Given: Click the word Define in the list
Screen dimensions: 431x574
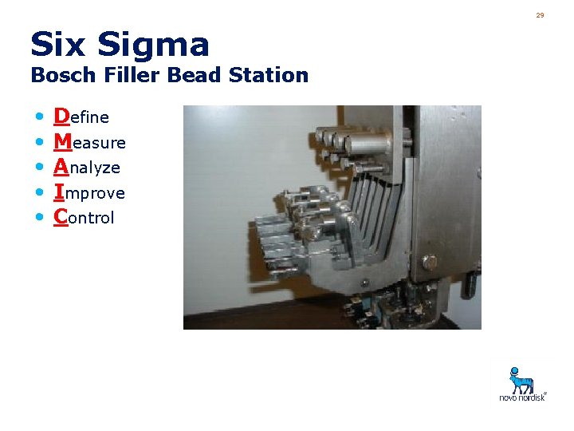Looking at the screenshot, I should (x=81, y=117).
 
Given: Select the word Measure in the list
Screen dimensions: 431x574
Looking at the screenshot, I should (x=89, y=143).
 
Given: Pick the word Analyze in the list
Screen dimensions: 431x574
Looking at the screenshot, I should (x=87, y=168).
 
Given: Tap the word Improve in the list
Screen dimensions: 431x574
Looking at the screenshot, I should (x=89, y=193).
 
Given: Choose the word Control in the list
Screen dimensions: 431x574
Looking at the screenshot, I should (x=84, y=218).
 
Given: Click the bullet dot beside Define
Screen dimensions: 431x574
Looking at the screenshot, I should (x=40, y=118).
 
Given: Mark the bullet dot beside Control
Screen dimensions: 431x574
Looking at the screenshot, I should (x=40, y=218).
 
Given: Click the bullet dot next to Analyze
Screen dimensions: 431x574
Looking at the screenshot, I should (x=40, y=168).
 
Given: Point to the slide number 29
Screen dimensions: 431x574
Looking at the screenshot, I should (x=540, y=15).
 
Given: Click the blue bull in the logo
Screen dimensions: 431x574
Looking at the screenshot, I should (x=522, y=379).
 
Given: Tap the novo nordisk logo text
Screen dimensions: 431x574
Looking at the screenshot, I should (x=522, y=397).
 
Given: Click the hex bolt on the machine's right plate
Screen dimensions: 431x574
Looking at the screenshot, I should (x=430, y=261).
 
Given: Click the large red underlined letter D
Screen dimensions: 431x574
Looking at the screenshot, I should (x=61, y=117).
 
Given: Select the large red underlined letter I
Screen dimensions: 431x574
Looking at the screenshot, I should (x=59, y=192).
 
